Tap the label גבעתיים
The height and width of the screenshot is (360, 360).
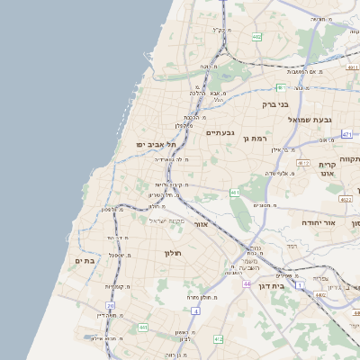coord(220,132)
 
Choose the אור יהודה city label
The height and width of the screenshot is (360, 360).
coord(342,221)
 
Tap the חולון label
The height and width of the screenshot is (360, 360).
coord(173,253)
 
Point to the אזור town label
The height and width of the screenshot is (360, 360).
coord(202,223)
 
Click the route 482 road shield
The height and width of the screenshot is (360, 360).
coord(257,37)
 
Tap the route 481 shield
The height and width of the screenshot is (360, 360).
coord(281,87)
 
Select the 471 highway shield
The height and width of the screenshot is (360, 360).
coord(346,134)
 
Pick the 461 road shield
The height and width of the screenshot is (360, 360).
coord(235,192)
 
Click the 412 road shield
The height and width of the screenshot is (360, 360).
coord(219,339)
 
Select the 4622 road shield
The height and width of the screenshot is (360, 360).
coord(346,199)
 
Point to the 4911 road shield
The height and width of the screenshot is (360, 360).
coord(352,66)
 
